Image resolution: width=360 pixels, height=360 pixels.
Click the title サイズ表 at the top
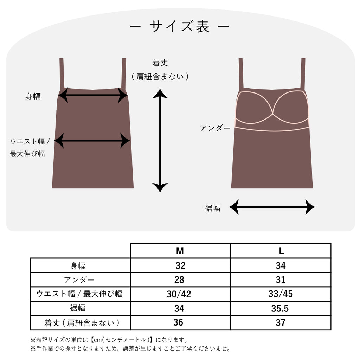(180, 26)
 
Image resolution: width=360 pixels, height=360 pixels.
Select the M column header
(180, 251)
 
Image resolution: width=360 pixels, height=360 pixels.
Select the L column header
(281, 251)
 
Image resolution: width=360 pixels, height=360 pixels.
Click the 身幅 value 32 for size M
(180, 265)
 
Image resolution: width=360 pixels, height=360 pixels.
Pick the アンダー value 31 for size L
(281, 279)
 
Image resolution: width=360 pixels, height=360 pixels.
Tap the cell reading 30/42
(179, 294)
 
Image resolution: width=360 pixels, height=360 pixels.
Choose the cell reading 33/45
(281, 294)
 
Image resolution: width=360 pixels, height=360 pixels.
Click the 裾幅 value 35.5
(280, 308)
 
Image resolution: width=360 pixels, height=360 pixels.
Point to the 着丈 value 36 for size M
(178, 322)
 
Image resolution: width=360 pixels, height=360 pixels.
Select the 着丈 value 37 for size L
(281, 323)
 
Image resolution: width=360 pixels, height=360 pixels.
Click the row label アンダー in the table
(79, 280)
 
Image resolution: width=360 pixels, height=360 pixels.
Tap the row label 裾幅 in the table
(78, 308)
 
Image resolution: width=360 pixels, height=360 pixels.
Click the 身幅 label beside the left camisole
(33, 96)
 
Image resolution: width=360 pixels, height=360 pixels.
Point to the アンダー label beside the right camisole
(215, 128)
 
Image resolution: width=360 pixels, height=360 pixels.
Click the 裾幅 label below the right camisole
(212, 208)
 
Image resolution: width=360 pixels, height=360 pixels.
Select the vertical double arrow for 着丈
(160, 141)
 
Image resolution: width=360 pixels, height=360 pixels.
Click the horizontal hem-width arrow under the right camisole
(272, 207)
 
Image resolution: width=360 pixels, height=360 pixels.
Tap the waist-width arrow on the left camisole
(92, 141)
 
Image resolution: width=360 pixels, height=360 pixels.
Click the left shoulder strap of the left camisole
(62, 74)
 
